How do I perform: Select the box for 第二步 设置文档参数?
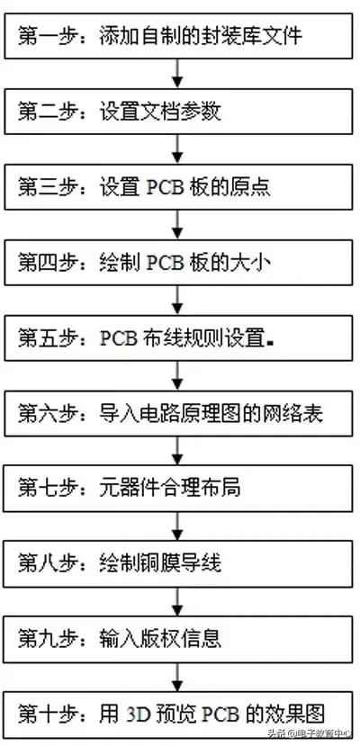click(179, 113)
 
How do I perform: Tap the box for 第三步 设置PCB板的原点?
click(179, 188)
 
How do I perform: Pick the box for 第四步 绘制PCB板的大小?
click(179, 264)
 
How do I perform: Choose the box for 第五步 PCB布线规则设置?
click(179, 338)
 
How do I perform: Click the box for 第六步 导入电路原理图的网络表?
click(179, 414)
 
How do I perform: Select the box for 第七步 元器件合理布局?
click(179, 489)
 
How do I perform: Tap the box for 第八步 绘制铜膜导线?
click(179, 564)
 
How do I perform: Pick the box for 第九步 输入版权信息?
click(179, 639)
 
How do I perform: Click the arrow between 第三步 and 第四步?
click(179, 226)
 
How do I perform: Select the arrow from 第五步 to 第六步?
click(179, 376)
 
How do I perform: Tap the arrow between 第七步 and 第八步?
click(179, 526)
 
